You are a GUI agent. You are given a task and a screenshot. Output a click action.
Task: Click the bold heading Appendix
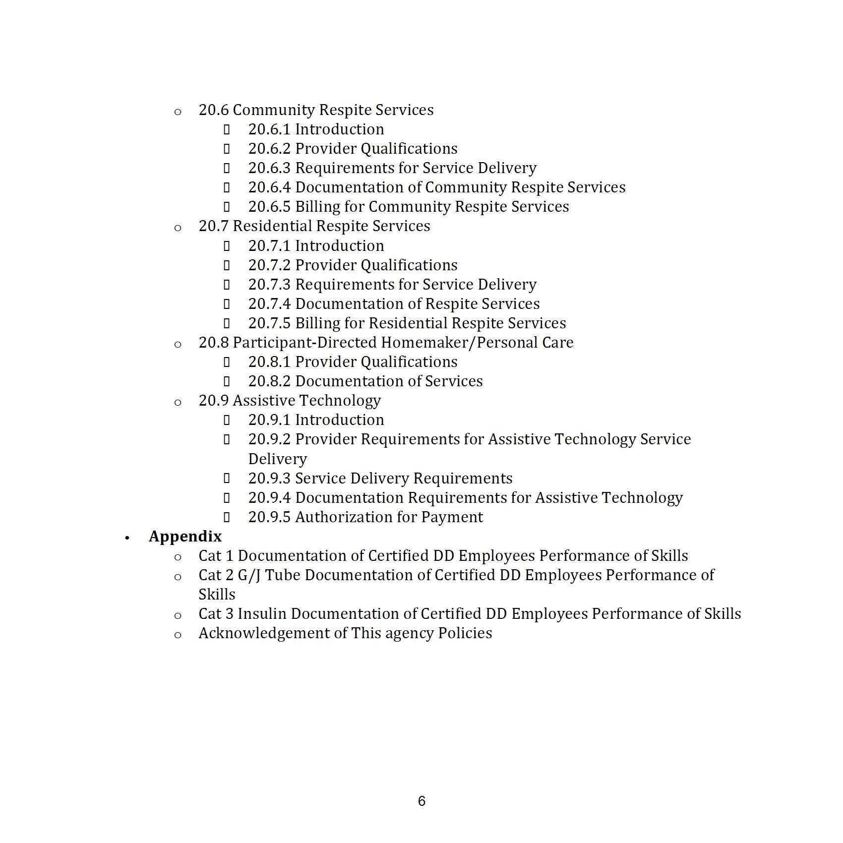185,537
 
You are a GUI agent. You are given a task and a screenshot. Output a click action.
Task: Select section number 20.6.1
269,129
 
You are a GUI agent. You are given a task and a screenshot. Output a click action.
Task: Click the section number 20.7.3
269,285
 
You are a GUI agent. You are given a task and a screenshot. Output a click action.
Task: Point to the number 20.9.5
269,517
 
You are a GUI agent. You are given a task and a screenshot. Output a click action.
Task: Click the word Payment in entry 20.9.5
452,517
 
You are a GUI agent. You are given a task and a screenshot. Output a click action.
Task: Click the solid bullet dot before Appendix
127,538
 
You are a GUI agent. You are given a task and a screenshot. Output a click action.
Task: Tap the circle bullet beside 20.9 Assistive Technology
178,402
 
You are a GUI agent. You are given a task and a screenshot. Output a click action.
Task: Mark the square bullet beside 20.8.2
227,381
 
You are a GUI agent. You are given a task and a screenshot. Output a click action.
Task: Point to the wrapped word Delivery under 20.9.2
277,459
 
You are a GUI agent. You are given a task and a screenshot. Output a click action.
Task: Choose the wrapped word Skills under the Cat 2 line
217,595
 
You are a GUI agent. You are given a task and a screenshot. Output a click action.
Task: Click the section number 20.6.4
269,187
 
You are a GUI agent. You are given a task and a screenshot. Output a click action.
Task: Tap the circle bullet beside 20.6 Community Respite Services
178,112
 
